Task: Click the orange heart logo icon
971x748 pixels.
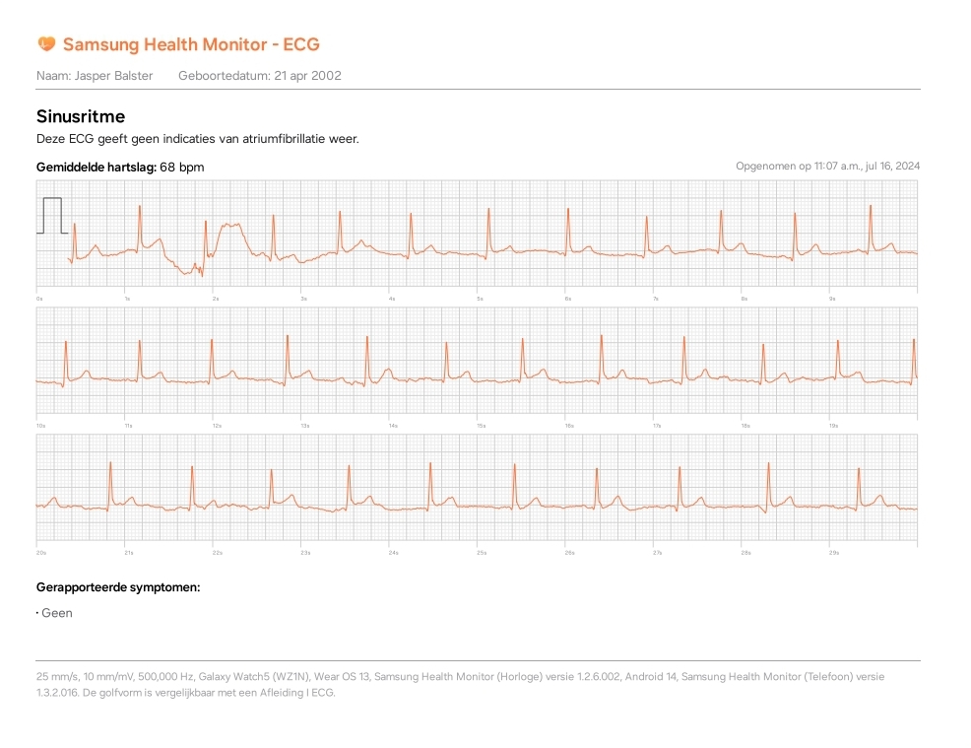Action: pos(46,43)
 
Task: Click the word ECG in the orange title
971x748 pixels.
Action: pos(301,44)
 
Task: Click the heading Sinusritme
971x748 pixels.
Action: pos(81,116)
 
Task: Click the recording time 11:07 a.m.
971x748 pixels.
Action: pos(831,167)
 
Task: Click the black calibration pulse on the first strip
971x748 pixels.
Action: pos(52,215)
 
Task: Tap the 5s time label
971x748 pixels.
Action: pos(480,298)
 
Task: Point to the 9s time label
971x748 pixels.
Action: pos(832,298)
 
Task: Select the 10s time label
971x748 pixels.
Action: pos(40,426)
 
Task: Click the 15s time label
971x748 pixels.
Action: pos(482,426)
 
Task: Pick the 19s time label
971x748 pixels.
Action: pos(834,426)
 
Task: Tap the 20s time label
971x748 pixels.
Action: pos(40,553)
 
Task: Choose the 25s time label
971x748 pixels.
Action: pos(482,553)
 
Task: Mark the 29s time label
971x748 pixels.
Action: pos(834,553)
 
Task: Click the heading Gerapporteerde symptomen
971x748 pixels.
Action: pos(118,587)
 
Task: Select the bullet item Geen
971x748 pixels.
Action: pos(57,613)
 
